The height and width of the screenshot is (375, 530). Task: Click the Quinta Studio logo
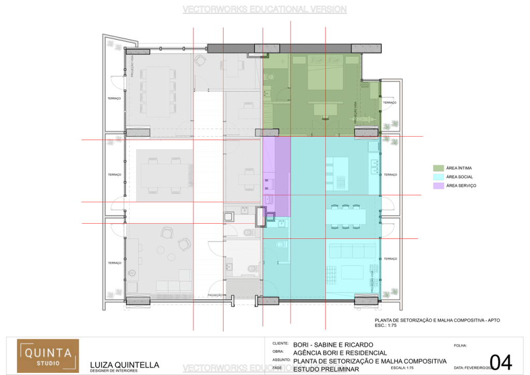(48, 356)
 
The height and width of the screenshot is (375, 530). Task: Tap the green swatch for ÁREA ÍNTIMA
(437, 168)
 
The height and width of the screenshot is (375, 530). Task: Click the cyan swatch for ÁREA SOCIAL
(437, 177)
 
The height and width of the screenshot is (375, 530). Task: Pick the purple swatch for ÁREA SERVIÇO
(437, 185)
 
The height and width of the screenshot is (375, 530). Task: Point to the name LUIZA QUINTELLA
(125, 365)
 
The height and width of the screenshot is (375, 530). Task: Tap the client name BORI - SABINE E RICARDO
(333, 344)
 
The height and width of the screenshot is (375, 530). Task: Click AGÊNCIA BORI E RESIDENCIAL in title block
(339, 353)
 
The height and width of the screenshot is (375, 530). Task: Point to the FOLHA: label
(460, 345)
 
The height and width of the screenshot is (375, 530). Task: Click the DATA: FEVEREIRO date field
(471, 368)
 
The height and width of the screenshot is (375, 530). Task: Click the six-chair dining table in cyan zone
(346, 216)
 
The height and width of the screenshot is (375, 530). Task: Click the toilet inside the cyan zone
(281, 244)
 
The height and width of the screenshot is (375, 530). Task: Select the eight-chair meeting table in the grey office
(157, 90)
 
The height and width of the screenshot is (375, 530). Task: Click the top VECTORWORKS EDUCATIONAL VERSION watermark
(264, 9)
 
